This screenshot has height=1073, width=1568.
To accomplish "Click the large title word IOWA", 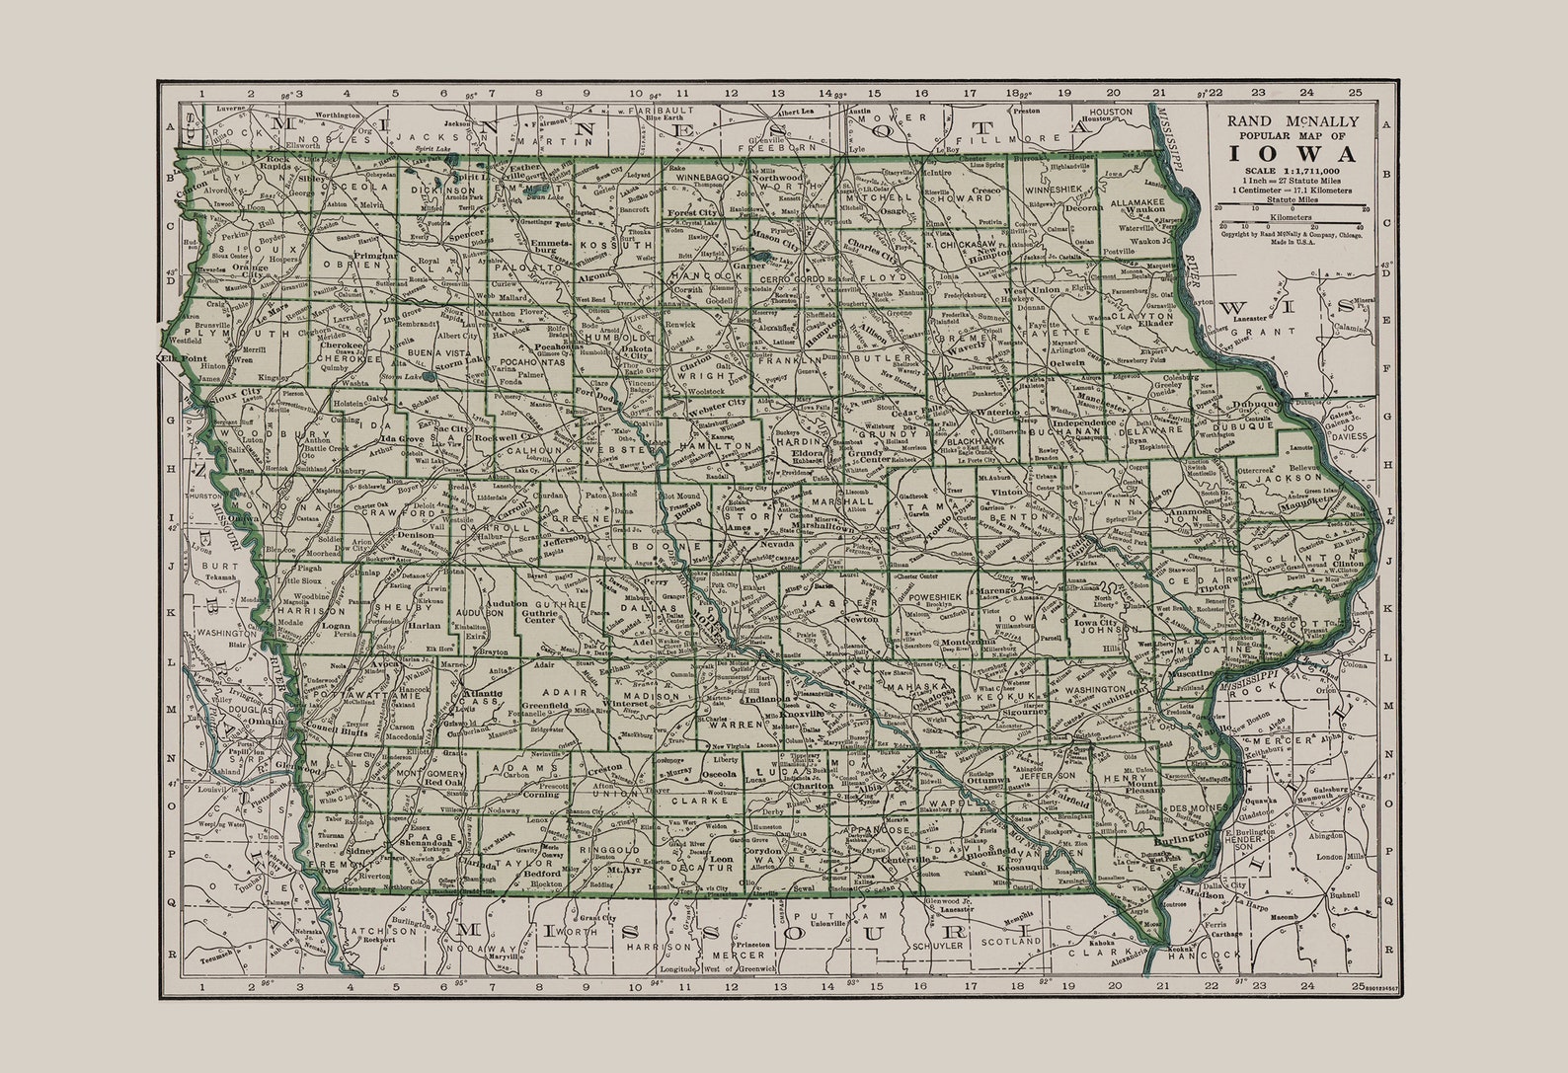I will pos(1291,153).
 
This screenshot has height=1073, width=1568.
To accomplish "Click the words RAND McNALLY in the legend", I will pos(1292,120).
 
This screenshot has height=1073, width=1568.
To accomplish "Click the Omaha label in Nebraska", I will pos(267,722).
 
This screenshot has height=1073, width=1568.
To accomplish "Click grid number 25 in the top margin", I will pos(1357,93).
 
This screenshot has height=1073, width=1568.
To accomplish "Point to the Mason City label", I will pos(775,238).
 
